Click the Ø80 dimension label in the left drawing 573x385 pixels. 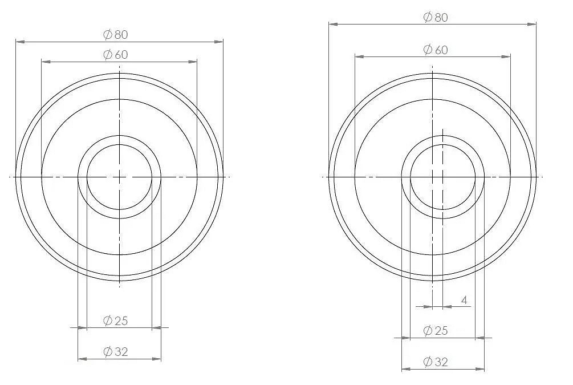tap(116, 35)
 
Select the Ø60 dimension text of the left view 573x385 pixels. tap(116, 55)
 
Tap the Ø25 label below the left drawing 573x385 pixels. tap(116, 321)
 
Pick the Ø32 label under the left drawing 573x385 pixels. tap(116, 352)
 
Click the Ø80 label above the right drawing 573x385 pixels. tap(435, 18)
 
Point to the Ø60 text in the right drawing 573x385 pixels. tap(435, 50)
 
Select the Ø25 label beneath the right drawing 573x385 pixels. tap(435, 331)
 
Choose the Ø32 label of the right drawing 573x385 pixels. tap(435, 362)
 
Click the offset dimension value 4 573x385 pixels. tap(464, 301)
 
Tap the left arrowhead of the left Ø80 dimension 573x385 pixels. tap(21, 42)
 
